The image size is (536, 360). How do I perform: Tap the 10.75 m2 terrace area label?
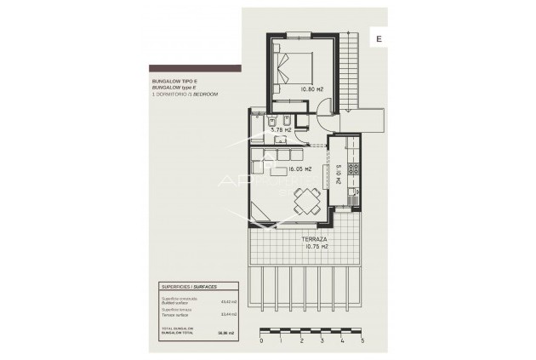(293, 247)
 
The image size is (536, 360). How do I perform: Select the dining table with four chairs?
(304, 202)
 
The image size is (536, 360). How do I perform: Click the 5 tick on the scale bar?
(363, 340)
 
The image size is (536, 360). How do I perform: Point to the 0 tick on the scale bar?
(262, 340)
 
